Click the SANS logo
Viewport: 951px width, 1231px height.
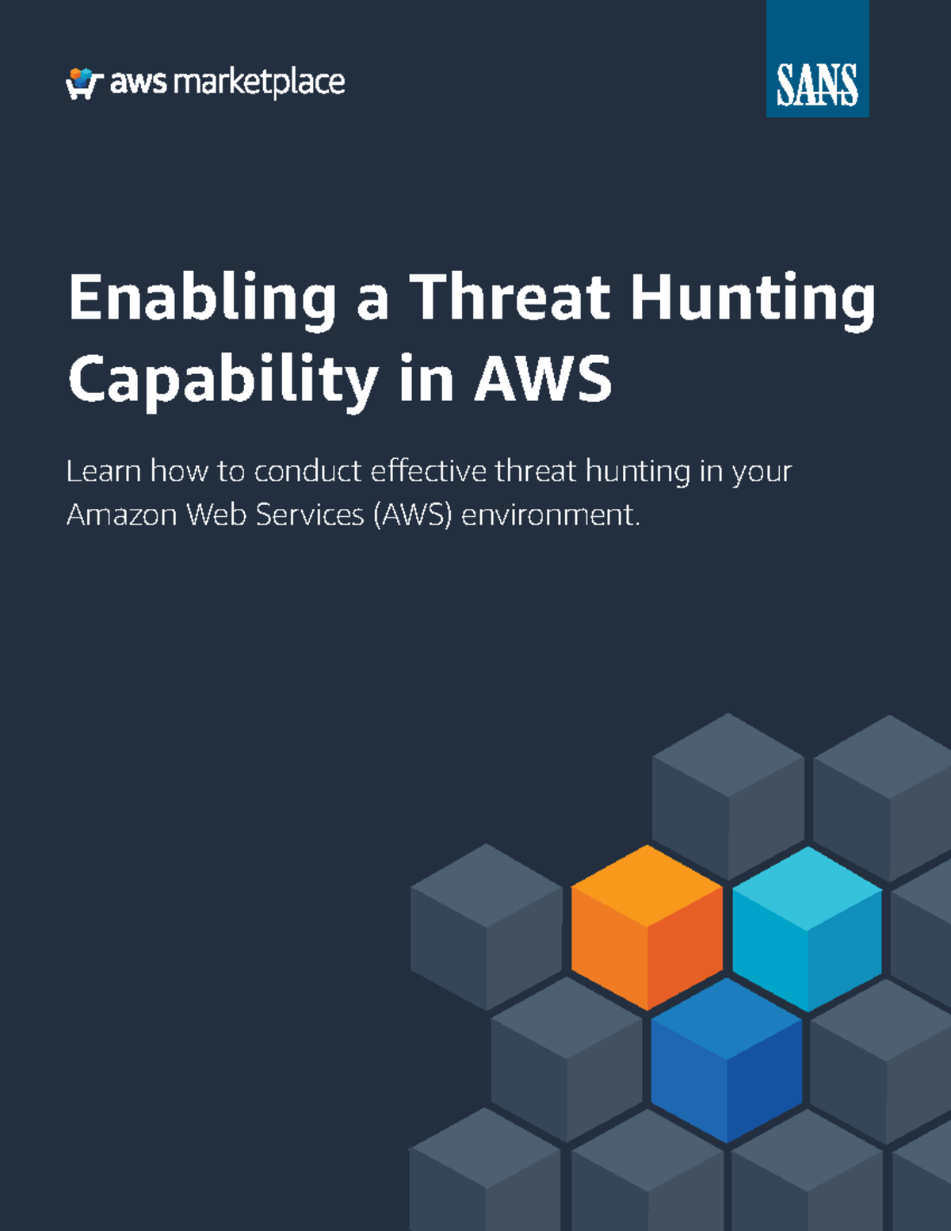(x=817, y=59)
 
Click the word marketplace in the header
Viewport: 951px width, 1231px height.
(x=259, y=83)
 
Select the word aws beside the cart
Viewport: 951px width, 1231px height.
(x=138, y=84)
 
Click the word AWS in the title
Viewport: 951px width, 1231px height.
(x=543, y=377)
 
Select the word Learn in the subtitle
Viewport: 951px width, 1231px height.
(x=104, y=471)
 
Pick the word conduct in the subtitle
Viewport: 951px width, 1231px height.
(x=307, y=471)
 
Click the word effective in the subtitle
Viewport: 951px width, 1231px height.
(x=428, y=471)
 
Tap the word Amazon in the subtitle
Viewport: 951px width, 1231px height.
(x=122, y=515)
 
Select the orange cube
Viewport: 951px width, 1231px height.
(x=647, y=927)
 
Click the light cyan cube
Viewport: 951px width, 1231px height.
(x=807, y=929)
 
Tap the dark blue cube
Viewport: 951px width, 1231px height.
(x=726, y=1060)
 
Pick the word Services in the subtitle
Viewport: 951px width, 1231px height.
(x=310, y=515)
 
